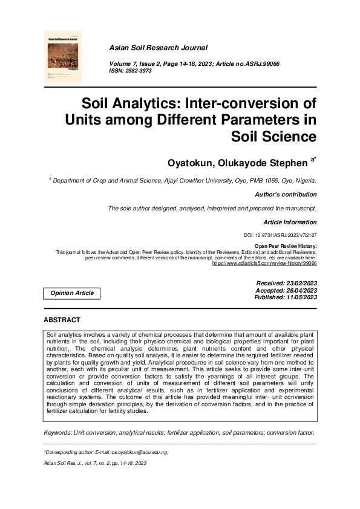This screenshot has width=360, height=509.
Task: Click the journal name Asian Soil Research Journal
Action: coord(157,47)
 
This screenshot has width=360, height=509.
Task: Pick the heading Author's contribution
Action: coord(286,195)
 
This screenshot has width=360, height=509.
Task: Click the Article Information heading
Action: coord(290,222)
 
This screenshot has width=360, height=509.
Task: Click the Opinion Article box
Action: coord(71,293)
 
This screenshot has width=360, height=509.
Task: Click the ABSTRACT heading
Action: coord(62,319)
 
